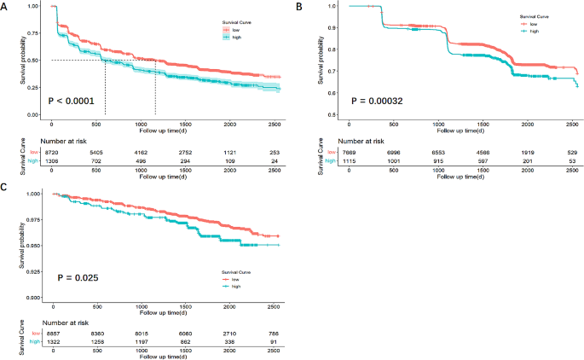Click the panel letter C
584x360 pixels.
[x=5, y=184]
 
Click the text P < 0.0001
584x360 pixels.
[x=76, y=99]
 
